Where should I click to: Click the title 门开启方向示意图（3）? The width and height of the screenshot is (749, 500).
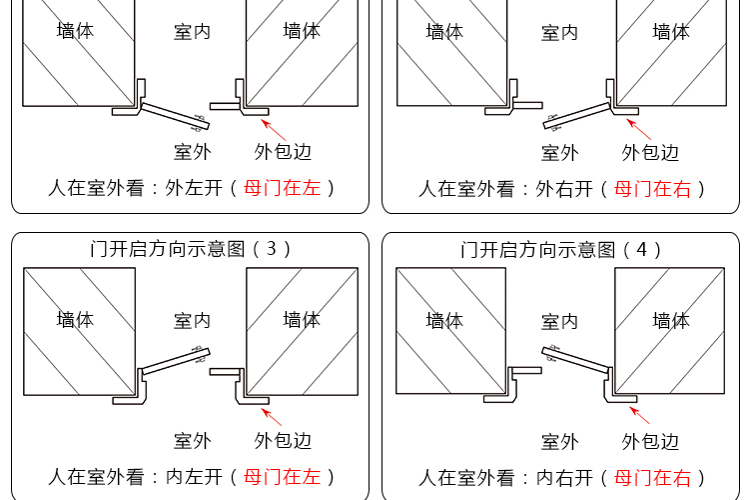pyautogui.click(x=190, y=249)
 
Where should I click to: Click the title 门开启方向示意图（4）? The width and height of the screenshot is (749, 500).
pyautogui.click(x=561, y=249)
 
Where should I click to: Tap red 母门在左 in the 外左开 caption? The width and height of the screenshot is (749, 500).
pyautogui.click(x=282, y=187)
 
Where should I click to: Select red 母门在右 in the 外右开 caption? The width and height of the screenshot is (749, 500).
pyautogui.click(x=652, y=188)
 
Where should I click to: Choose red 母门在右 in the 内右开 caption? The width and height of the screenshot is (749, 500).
pyautogui.click(x=652, y=477)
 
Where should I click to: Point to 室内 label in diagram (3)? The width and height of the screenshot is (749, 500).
pyautogui.click(x=192, y=321)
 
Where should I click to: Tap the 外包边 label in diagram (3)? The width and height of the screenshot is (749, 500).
pyautogui.click(x=283, y=440)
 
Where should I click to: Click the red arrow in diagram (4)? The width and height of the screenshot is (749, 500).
pyautogui.click(x=641, y=415)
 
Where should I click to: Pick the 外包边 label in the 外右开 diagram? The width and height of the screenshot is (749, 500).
pyautogui.click(x=650, y=153)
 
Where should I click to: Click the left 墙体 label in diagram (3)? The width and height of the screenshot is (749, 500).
pyautogui.click(x=75, y=320)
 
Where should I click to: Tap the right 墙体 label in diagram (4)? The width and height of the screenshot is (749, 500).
pyautogui.click(x=671, y=321)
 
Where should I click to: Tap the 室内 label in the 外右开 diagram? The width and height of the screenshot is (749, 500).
pyautogui.click(x=559, y=33)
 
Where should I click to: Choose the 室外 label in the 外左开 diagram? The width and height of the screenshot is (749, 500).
pyautogui.click(x=192, y=152)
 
